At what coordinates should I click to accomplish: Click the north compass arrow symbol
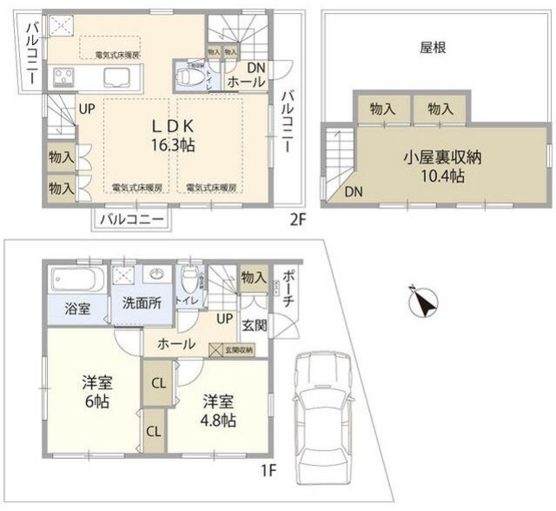click(421, 303)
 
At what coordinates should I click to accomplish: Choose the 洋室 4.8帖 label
click(218, 410)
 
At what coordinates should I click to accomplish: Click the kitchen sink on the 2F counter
click(116, 77)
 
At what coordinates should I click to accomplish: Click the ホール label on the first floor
click(175, 344)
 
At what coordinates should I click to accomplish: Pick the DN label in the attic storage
click(354, 193)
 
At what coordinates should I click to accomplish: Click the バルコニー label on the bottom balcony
click(129, 218)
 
